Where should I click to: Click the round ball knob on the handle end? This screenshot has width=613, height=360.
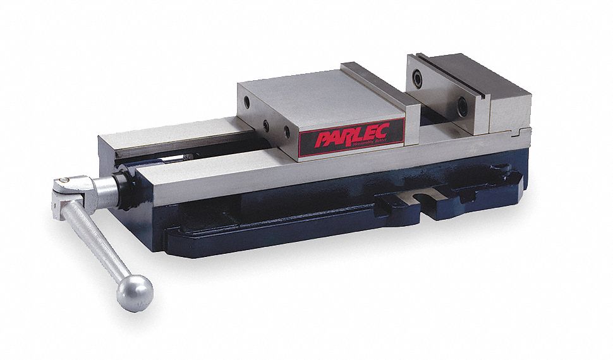coord(135,292)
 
